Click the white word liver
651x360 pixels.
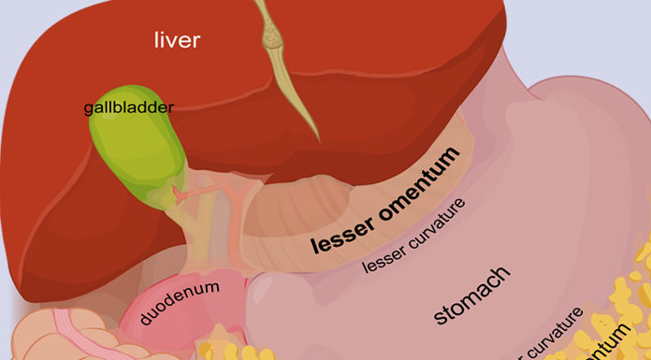177,39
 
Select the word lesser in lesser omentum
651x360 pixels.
341,233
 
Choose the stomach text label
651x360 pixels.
471,296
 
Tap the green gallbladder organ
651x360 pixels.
130,150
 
